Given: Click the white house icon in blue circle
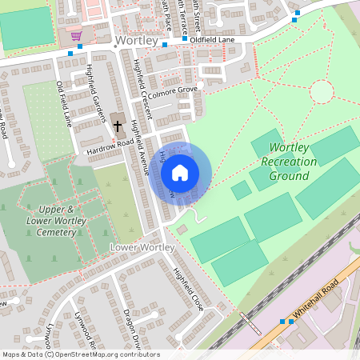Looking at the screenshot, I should tap(180, 172).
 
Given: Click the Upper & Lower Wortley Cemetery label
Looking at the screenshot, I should tap(50, 220).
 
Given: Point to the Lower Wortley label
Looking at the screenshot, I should tap(141, 248).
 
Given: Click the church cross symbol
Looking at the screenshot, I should tap(117, 126).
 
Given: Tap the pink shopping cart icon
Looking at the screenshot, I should tap(76, 36).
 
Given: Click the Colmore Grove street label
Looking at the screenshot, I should tap(171, 90).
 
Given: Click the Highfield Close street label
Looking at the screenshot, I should tap(190, 289).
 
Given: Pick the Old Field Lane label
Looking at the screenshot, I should tap(64, 104).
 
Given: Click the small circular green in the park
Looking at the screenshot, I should tap(321, 92).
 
